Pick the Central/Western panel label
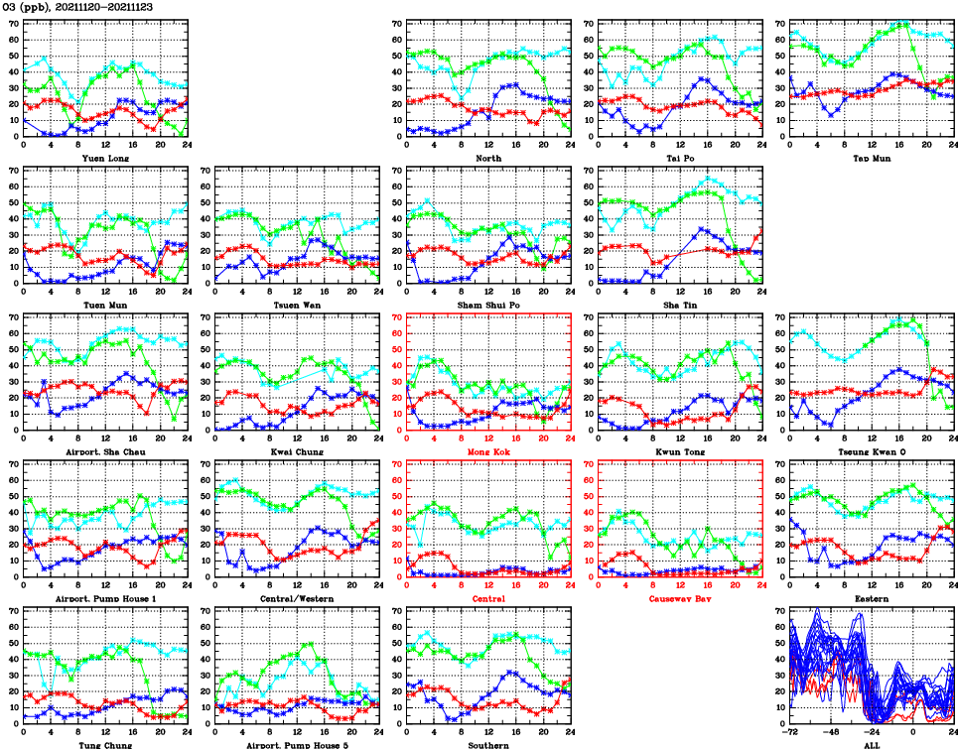[x=296, y=599]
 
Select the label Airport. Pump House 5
[x=296, y=744]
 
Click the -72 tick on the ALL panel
[x=791, y=733]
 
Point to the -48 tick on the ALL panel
[x=832, y=733]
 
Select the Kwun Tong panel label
[x=680, y=452]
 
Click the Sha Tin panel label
[x=680, y=305]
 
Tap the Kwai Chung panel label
[x=296, y=452]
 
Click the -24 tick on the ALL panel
[x=873, y=733]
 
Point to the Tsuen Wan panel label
[x=296, y=305]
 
